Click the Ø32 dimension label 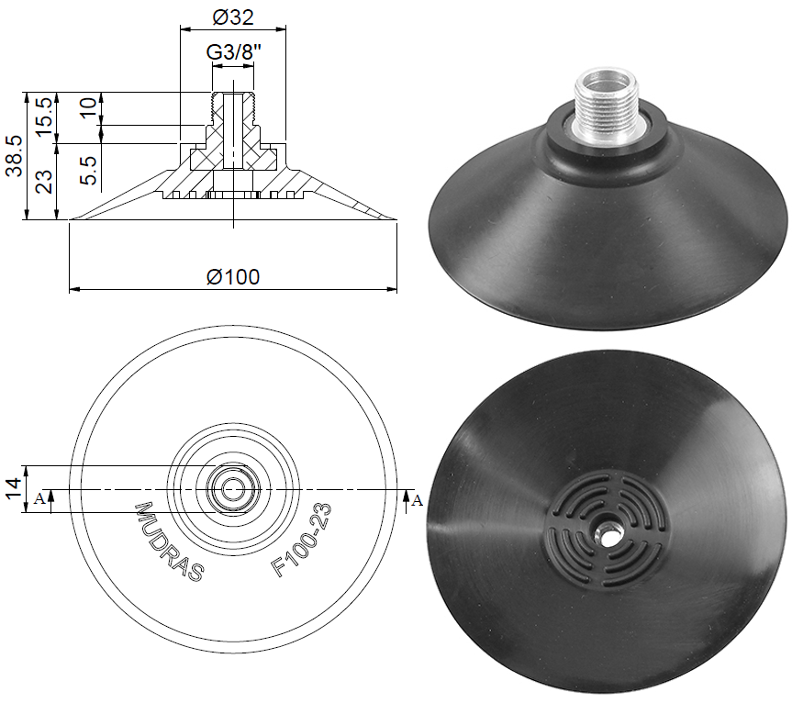(x=232, y=17)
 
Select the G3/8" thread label (x=231, y=52)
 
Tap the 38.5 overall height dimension (x=14, y=155)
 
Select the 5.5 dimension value (x=88, y=172)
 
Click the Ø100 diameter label (x=232, y=276)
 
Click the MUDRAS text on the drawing (x=170, y=541)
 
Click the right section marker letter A (x=418, y=500)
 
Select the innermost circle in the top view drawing (x=232, y=488)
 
